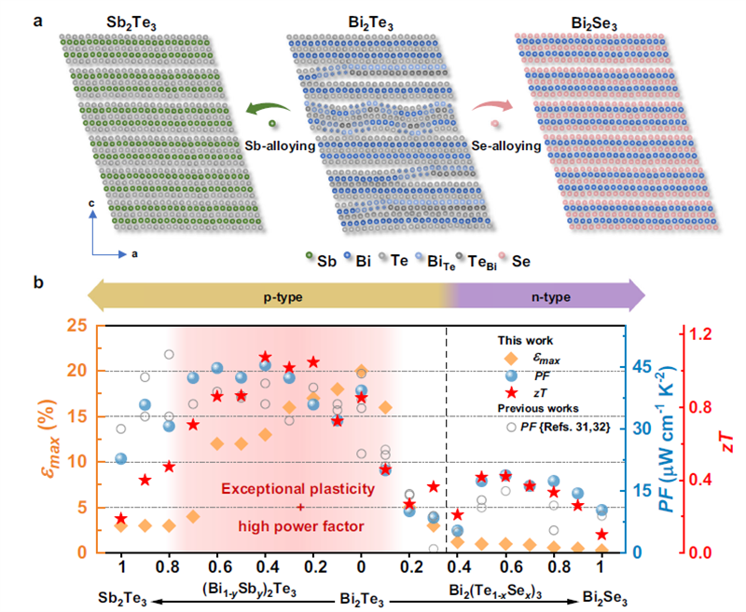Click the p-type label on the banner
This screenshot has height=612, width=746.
tap(267, 296)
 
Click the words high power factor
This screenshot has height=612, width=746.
tap(300, 526)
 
